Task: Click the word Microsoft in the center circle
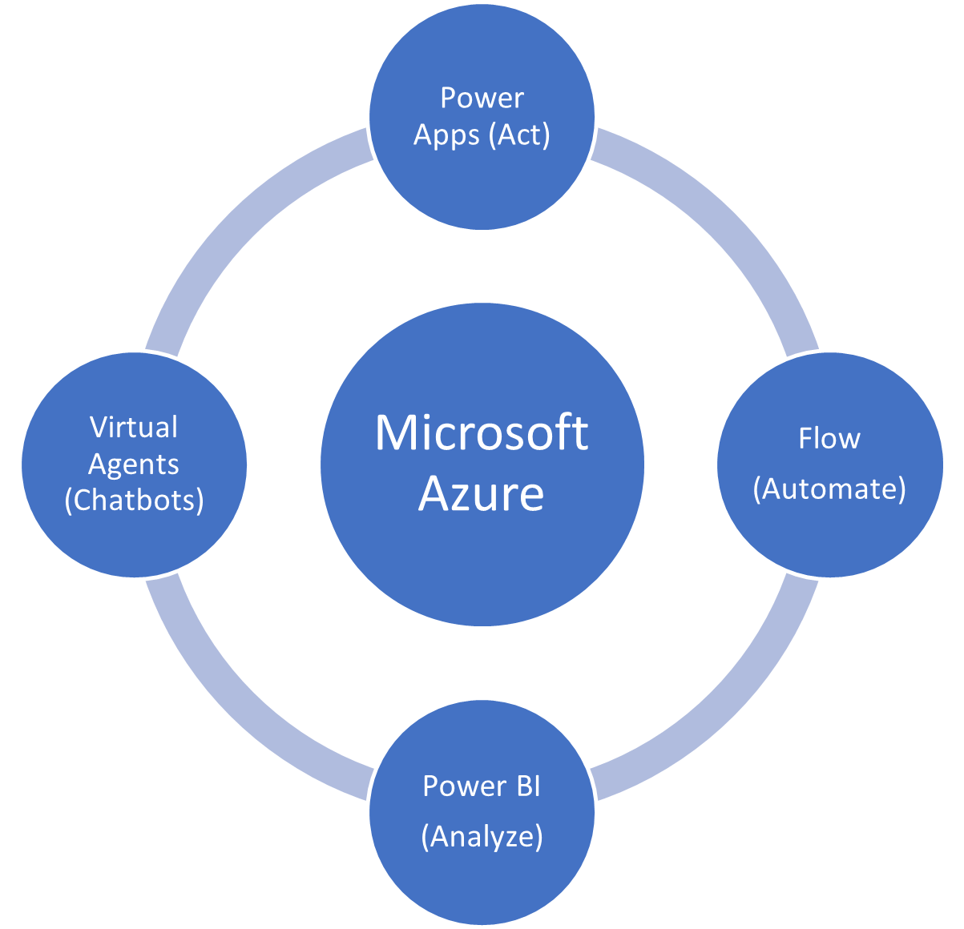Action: pyautogui.click(x=482, y=433)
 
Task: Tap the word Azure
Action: pyautogui.click(x=482, y=493)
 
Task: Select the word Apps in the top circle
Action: pyautogui.click(x=446, y=135)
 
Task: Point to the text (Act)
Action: pyautogui.click(x=519, y=135)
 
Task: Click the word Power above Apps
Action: pyautogui.click(x=482, y=98)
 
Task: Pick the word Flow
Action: pyautogui.click(x=829, y=439)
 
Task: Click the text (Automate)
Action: pyautogui.click(x=829, y=488)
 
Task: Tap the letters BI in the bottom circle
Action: pyautogui.click(x=527, y=786)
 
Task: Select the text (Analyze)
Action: pyautogui.click(x=482, y=836)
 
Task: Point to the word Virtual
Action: pyautogui.click(x=134, y=427)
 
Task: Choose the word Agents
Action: pyautogui.click(x=134, y=464)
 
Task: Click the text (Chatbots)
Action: pyautogui.click(x=134, y=500)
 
